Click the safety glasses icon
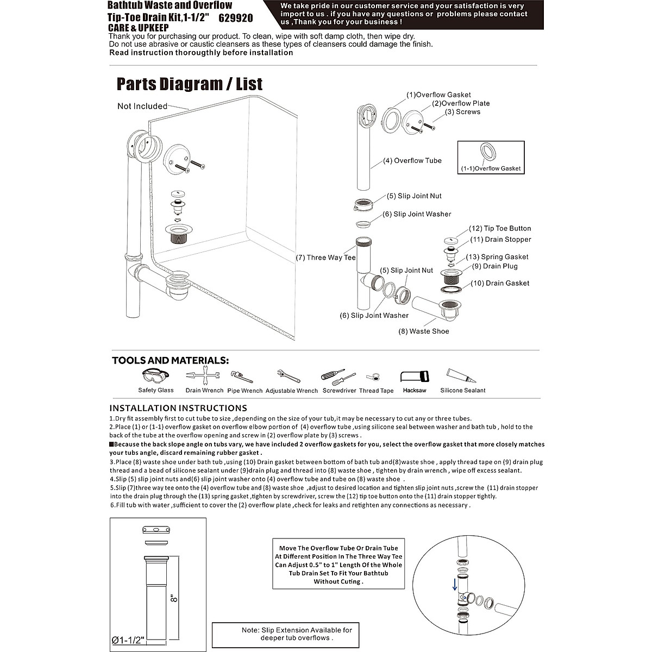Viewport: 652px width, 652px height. pos(155,377)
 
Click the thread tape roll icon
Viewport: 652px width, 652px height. pos(373,377)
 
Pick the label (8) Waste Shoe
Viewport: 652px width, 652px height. pos(424,331)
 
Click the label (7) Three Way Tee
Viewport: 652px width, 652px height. pos(325,258)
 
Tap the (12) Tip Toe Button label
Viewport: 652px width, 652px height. pos(500,229)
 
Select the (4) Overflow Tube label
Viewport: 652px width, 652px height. pos(412,161)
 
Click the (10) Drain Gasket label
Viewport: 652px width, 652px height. pos(500,283)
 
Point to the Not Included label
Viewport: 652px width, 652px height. pos(142,106)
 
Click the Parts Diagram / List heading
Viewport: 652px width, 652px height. pos(190,84)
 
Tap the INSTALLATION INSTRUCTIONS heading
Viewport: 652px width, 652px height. pos(178,408)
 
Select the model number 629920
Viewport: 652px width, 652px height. pos(236,18)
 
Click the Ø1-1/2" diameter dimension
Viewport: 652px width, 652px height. pos(127,640)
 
